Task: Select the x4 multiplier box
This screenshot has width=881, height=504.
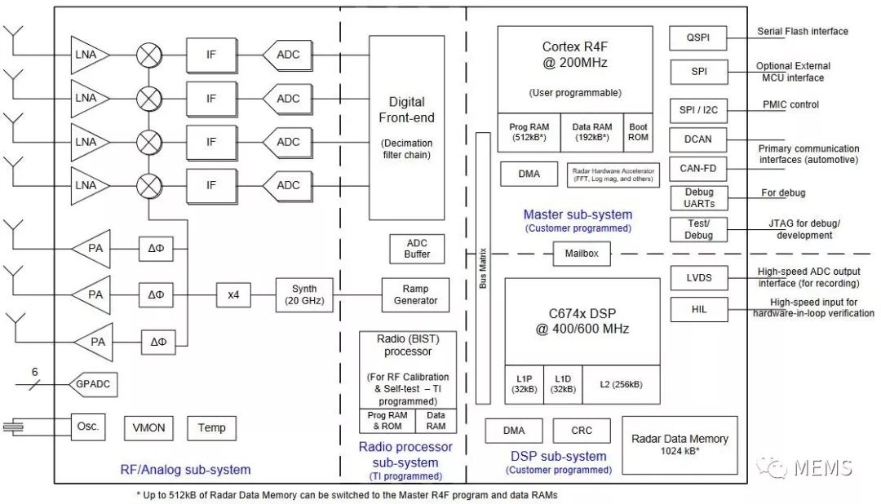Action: [x=234, y=294]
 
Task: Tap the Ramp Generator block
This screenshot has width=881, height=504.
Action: [x=415, y=294]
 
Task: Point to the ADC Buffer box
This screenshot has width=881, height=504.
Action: [x=417, y=249]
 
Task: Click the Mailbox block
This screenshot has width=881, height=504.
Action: [x=582, y=254]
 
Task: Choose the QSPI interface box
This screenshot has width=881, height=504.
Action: [x=697, y=38]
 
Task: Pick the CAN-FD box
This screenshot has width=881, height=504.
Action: [x=697, y=169]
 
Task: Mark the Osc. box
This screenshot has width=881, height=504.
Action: [x=88, y=427]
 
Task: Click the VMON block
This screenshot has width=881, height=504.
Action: [x=148, y=427]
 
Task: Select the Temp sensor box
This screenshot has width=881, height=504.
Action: [x=211, y=427]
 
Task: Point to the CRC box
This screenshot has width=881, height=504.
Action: [x=581, y=431]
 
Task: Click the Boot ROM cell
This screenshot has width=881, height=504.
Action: [x=638, y=132]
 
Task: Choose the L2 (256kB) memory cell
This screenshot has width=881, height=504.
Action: [x=621, y=384]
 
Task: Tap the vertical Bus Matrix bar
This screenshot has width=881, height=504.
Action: [x=483, y=267]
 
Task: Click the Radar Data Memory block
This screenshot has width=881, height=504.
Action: [x=680, y=444]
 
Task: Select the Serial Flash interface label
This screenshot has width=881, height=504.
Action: [x=803, y=32]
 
